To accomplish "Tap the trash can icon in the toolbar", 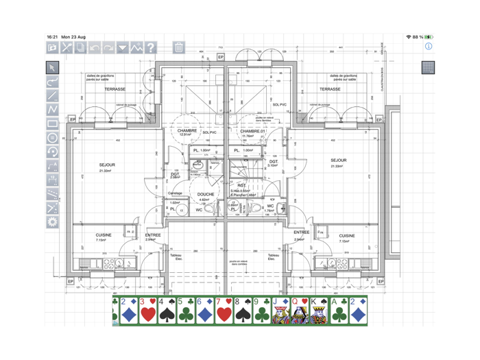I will (x=178, y=48).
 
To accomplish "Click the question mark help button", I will (x=151, y=48).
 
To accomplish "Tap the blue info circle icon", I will (x=429, y=47).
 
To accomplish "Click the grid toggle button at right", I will (x=428, y=67).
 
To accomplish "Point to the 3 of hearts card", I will (x=147, y=311).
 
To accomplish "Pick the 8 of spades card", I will (x=243, y=311).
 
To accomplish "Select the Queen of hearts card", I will (x=300, y=311).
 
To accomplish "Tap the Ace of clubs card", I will (x=339, y=311).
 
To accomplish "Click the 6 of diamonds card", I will (x=204, y=311).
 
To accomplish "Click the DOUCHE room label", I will (x=206, y=194).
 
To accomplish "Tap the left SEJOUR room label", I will (x=107, y=165).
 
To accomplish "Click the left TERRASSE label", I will (x=115, y=89).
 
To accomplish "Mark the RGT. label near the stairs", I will (x=242, y=185).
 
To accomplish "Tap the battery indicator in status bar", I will (x=429, y=37).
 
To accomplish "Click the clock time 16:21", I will (x=52, y=37).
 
